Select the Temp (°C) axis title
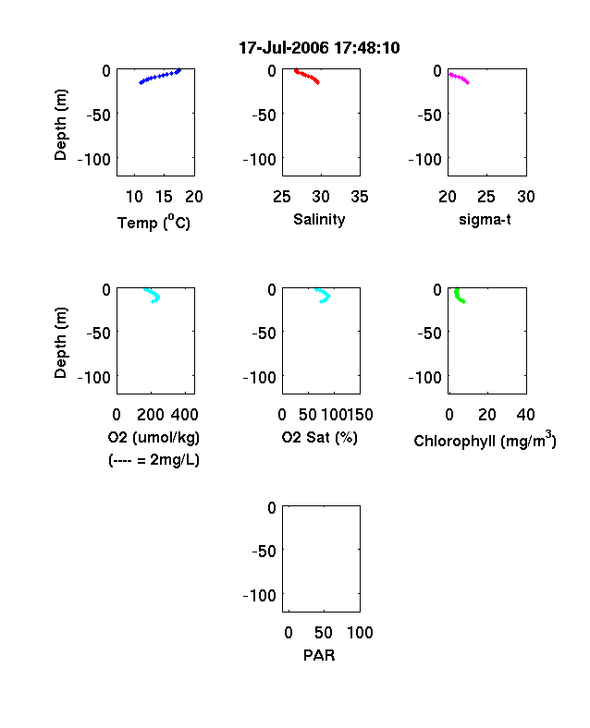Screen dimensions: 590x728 [154, 223]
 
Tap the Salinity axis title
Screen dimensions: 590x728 [319, 219]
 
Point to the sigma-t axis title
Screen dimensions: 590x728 [485, 219]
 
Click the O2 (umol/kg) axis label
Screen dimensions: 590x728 [154, 437]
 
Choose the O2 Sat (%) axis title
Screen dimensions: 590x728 [320, 437]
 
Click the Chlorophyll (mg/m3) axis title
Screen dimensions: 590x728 [485, 440]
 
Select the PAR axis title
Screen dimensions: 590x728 [319, 655]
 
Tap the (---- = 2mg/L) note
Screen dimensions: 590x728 [154, 460]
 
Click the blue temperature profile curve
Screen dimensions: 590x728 [159, 76]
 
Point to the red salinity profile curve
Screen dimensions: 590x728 [307, 76]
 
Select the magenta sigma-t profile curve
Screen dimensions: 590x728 [459, 78]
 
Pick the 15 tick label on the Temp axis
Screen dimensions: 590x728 [164, 197]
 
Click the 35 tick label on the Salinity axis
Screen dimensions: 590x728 [360, 197]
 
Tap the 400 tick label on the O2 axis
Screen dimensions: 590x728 [185, 415]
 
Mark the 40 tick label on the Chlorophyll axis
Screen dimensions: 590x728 [525, 415]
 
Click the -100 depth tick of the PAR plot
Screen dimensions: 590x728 [260, 595]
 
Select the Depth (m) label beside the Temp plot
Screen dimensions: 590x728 [61, 125]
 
